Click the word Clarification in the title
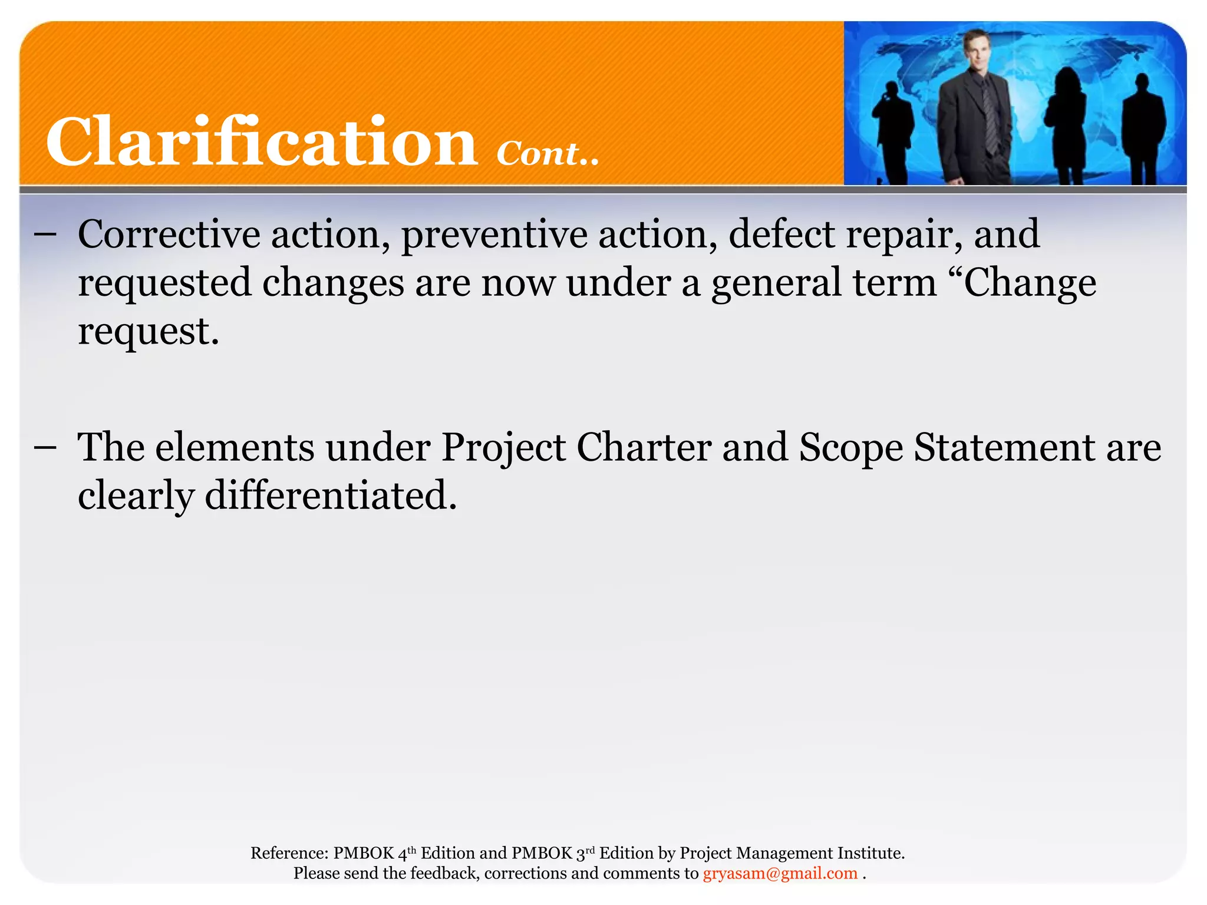(261, 141)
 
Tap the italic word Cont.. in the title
(548, 154)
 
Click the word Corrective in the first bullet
(169, 234)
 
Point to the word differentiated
(331, 496)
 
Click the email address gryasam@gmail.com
(780, 873)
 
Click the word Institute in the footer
(870, 853)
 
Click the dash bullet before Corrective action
(45, 234)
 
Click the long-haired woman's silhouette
(1066, 124)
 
